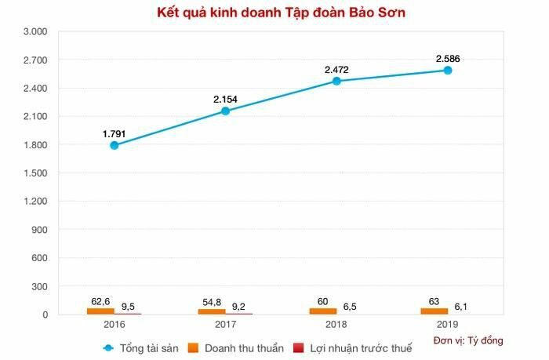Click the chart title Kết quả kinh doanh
[x=274, y=13]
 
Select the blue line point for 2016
[x=115, y=145]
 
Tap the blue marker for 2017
[x=226, y=111]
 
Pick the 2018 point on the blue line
[x=336, y=81]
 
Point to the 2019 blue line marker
[x=448, y=70]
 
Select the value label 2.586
[x=448, y=58]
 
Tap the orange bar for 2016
[x=100, y=311]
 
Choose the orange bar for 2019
[x=434, y=311]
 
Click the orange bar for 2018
[x=322, y=311]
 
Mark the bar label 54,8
[x=211, y=300]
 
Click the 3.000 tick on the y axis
[x=35, y=31]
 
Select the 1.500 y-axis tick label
[x=35, y=173]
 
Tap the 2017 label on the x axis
[x=226, y=324]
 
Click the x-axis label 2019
[x=448, y=324]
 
